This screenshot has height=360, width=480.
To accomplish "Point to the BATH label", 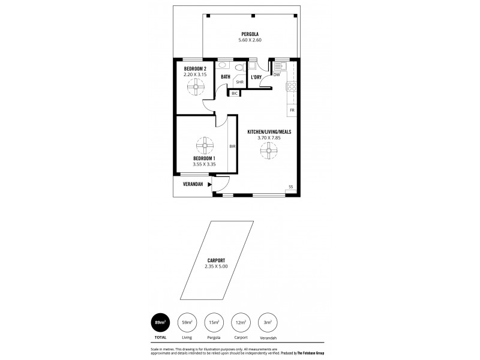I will (x=226, y=77).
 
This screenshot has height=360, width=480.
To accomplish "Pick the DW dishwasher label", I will (x=277, y=75).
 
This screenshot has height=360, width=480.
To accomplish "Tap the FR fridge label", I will (x=292, y=111).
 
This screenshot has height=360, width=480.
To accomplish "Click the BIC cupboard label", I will (x=235, y=93).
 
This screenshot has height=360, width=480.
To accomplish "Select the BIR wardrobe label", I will (x=232, y=146).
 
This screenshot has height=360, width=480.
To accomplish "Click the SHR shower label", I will (x=239, y=82).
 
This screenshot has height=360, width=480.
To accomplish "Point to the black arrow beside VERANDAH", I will (x=209, y=185).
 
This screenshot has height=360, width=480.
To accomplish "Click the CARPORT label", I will (x=216, y=260).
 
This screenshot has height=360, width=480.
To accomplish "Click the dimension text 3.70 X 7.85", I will (x=269, y=137).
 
